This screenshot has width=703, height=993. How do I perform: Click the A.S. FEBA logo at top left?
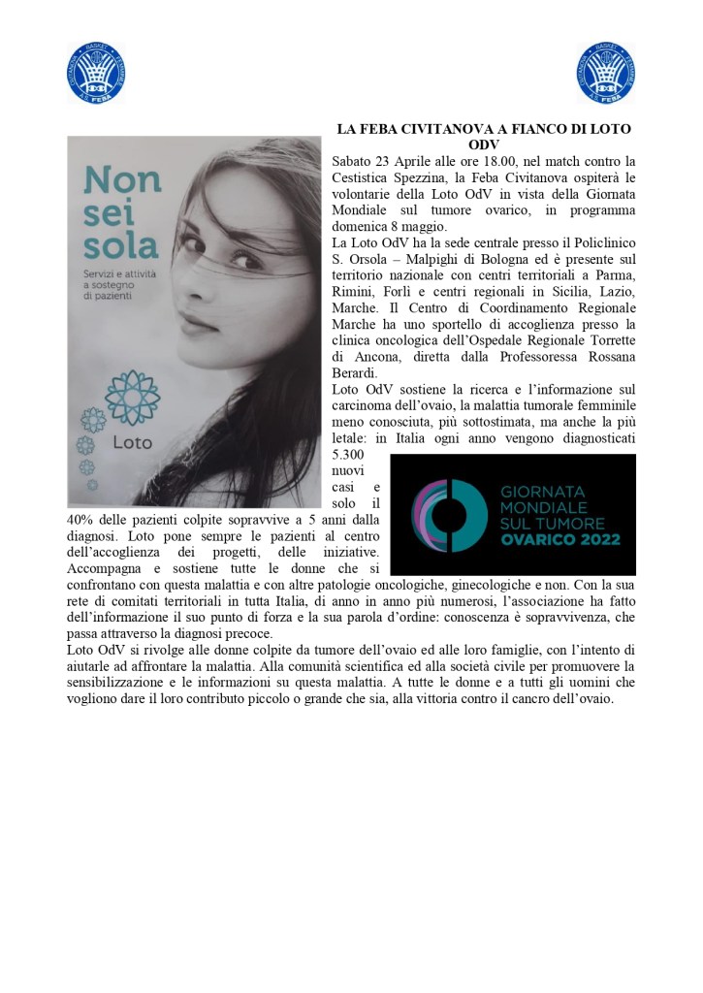coord(96,72)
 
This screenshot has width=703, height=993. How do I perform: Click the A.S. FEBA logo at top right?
coord(604,72)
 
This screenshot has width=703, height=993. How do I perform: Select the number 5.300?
coord(347,454)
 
